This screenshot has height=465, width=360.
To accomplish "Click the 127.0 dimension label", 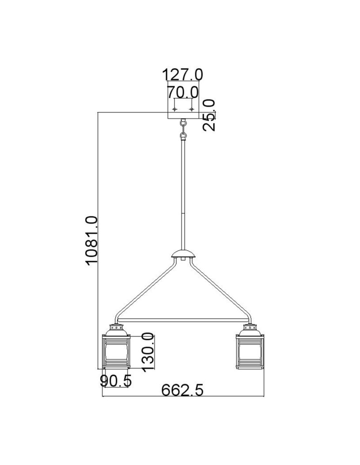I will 182,74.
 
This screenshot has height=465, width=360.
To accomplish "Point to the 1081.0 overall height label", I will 91,240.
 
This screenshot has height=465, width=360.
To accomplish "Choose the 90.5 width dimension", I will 116,381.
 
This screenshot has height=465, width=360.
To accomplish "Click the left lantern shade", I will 114,352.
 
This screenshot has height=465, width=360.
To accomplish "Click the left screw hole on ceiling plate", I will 174,109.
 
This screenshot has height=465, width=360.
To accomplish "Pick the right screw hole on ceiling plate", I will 191,109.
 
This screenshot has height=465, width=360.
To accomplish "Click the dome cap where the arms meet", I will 183,254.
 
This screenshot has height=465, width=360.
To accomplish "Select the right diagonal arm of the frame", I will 220,288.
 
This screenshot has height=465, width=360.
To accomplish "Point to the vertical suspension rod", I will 183,195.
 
